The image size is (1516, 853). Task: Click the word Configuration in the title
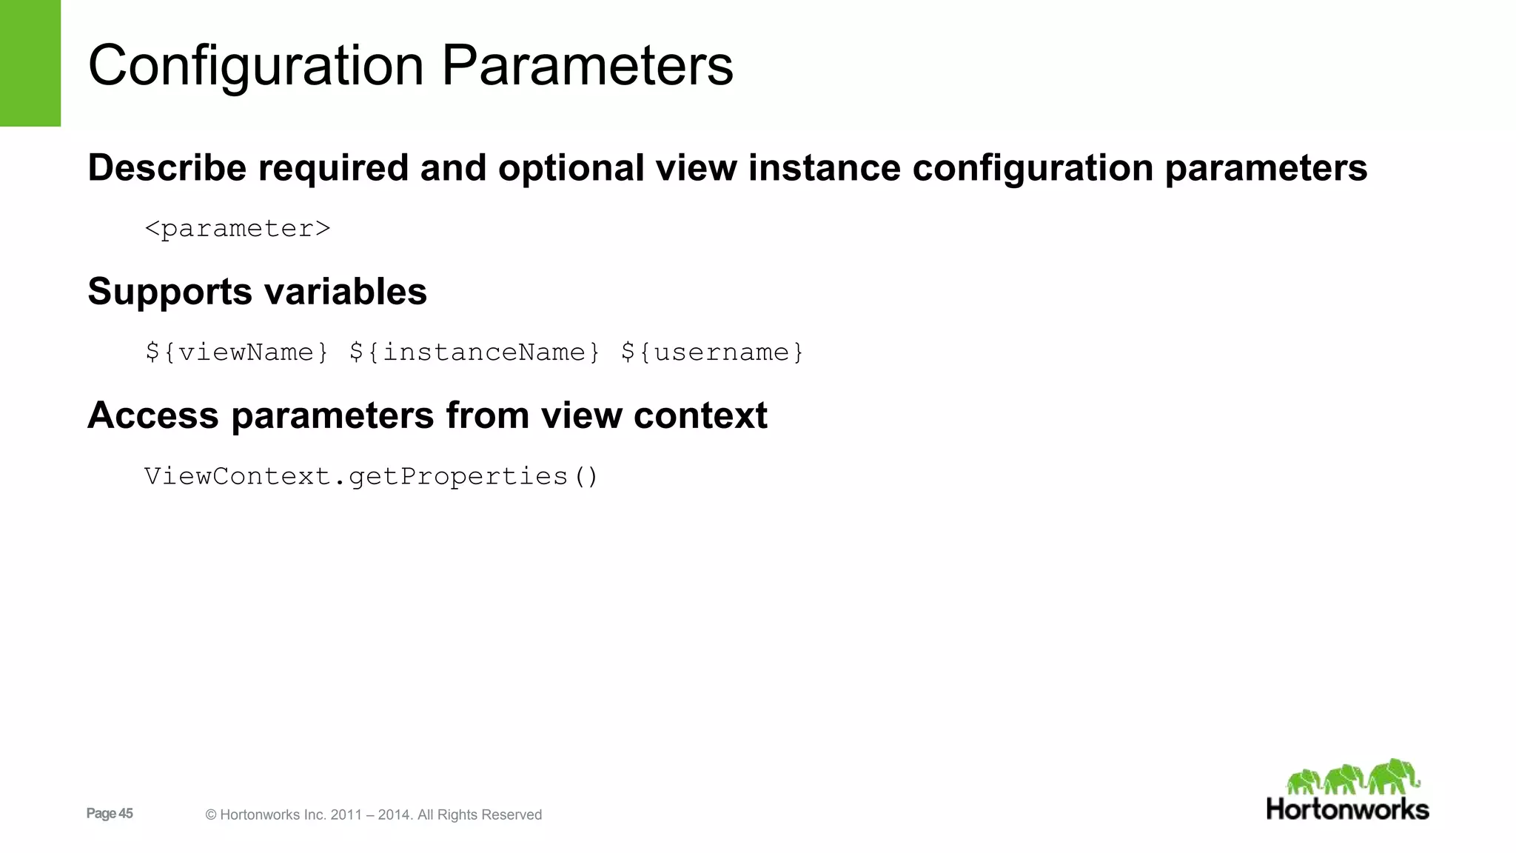tap(255, 67)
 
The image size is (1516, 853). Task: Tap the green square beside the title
tap(30, 63)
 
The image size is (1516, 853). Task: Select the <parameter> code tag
tap(238, 229)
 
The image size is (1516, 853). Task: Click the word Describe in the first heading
tap(167, 168)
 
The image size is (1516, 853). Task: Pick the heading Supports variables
tap(257, 292)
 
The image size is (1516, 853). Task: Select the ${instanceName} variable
tap(474, 352)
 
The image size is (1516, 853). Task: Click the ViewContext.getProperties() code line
tap(371, 476)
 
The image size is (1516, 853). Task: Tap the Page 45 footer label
tap(110, 814)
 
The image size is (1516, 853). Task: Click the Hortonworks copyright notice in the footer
tap(373, 815)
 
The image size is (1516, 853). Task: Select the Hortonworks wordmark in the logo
tap(1347, 809)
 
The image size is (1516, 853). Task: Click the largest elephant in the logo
tap(1394, 776)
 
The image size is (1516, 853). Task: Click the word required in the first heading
tap(333, 168)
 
